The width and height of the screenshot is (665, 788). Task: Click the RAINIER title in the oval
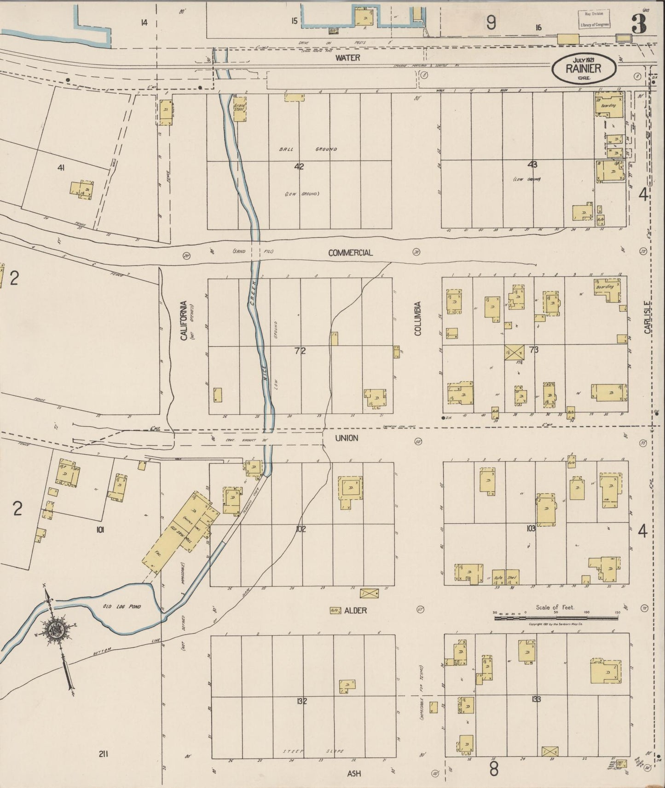(x=583, y=69)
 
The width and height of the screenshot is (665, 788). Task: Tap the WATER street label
(x=347, y=58)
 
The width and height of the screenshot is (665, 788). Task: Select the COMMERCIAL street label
(x=350, y=253)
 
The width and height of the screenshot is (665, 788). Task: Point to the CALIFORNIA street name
(x=184, y=320)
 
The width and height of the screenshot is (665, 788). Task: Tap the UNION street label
(x=346, y=438)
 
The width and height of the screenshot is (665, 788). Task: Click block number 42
(x=299, y=166)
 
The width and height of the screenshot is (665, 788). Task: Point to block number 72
(x=300, y=351)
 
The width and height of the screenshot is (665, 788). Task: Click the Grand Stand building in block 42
(x=240, y=109)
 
